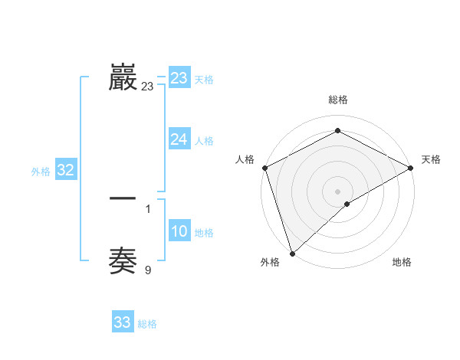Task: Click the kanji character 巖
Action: (123, 77)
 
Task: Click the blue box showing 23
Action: (179, 78)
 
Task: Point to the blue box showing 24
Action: (179, 139)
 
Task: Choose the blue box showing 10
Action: (179, 232)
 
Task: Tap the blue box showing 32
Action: (65, 171)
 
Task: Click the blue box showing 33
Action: (123, 322)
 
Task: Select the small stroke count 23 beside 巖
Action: (147, 87)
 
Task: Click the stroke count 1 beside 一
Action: (147, 208)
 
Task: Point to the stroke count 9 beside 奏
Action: (147, 269)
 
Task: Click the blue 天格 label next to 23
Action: (204, 80)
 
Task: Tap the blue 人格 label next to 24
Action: (204, 141)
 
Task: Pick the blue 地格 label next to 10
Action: (204, 233)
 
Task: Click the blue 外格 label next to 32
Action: (41, 172)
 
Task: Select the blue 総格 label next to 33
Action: (147, 324)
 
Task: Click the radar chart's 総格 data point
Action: (337, 131)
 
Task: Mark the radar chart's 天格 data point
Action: (411, 168)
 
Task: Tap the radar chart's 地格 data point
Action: (347, 204)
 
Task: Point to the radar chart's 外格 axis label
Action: (270, 263)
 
